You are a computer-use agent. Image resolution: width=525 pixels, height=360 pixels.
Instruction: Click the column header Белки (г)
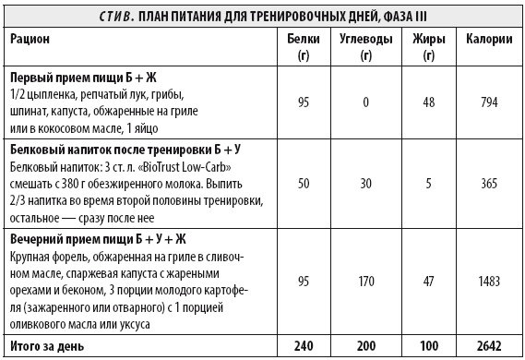(x=303, y=48)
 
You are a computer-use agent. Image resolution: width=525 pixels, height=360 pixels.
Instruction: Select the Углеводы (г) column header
(x=366, y=48)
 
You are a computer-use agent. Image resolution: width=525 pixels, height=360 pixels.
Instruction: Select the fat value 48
(x=429, y=103)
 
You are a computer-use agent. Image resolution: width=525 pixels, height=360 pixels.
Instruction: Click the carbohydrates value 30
(x=366, y=185)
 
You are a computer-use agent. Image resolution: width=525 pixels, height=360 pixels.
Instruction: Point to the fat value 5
(x=429, y=185)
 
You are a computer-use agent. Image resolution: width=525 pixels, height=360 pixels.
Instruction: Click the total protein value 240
(x=303, y=346)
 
